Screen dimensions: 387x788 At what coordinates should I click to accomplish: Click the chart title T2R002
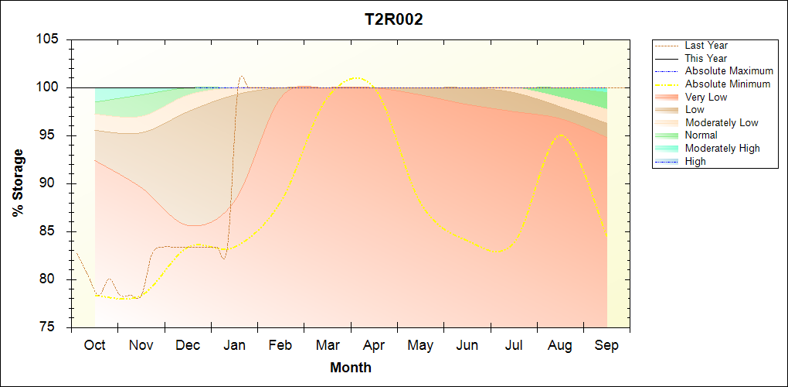click(x=394, y=20)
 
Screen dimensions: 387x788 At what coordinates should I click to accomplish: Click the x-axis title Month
click(x=351, y=367)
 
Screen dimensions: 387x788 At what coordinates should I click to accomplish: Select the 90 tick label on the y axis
click(x=52, y=183)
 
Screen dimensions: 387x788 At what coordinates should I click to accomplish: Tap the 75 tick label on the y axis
click(x=52, y=327)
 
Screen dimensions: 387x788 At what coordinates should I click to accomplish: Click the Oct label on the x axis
click(x=95, y=345)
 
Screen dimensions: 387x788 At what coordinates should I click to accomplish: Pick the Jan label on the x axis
click(x=235, y=345)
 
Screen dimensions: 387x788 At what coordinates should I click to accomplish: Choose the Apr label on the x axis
click(x=375, y=345)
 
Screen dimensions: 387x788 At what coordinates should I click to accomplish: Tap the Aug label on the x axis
click(x=560, y=345)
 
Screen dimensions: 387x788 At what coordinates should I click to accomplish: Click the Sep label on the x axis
click(x=606, y=345)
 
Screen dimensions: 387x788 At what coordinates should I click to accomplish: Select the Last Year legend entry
click(x=706, y=46)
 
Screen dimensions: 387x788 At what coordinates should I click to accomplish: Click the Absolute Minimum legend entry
click(x=728, y=84)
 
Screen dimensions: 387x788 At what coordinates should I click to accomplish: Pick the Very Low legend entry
click(x=706, y=97)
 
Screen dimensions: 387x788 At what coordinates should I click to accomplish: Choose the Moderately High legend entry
click(x=722, y=148)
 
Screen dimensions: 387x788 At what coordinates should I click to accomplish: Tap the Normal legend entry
click(x=701, y=135)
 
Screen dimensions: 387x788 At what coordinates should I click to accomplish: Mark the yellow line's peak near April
click(x=356, y=77)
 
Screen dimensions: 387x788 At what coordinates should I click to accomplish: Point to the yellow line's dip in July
click(x=501, y=252)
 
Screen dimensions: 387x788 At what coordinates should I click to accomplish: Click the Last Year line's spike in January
click(x=242, y=76)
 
